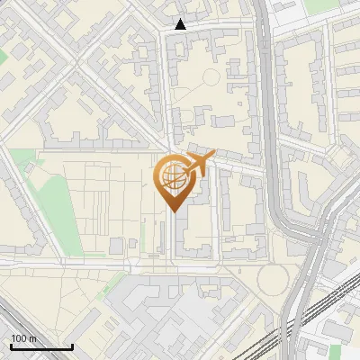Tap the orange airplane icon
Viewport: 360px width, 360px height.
pos(200,163)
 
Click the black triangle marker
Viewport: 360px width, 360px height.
pos(180,24)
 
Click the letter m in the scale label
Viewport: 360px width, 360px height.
pos(32,338)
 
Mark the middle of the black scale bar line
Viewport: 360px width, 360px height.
pos(41,346)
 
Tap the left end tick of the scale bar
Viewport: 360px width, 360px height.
pos(11,346)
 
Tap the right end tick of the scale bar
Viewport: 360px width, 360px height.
pos(72,346)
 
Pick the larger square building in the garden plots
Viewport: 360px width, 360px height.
pos(117,246)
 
